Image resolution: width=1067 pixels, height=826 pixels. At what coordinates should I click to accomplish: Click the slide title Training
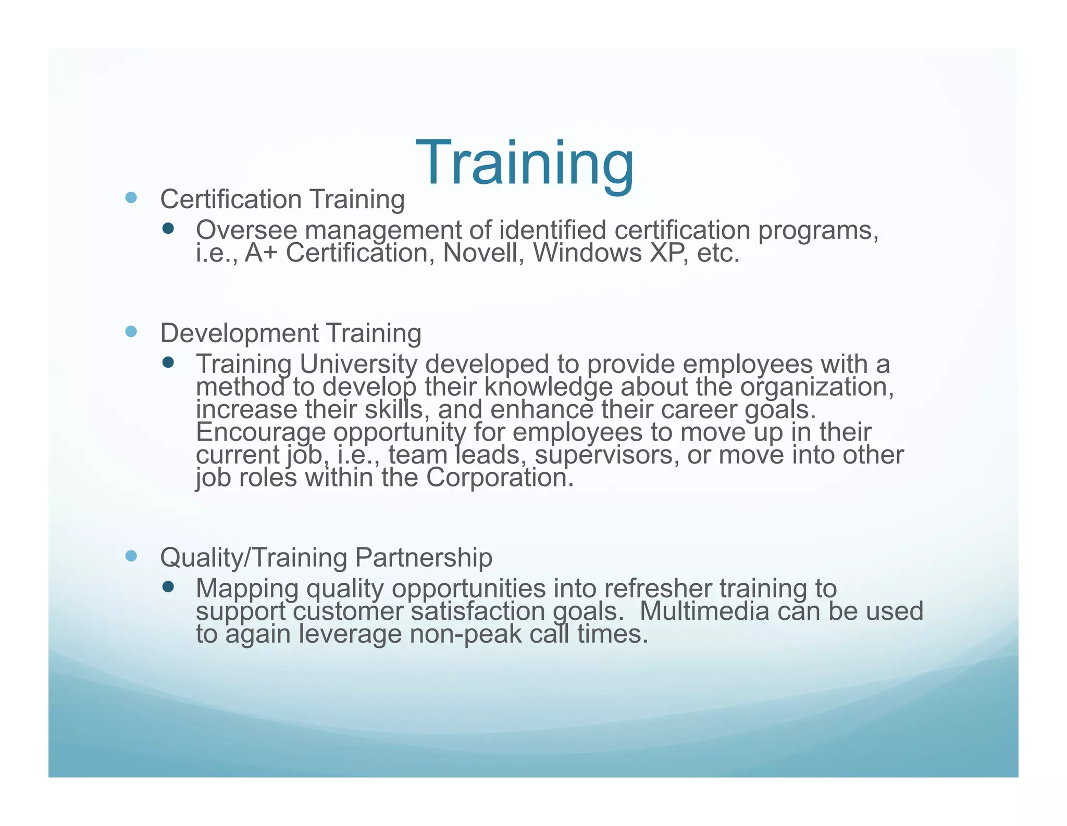coord(525,164)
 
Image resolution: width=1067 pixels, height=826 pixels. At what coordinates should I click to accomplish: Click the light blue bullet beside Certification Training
coord(131,198)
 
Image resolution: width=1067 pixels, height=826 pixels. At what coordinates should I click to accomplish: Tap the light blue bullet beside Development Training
coord(131,332)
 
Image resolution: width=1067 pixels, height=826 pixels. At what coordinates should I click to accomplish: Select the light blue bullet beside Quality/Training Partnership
coord(131,556)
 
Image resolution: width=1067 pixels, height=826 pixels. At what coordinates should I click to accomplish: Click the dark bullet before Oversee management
coord(168,228)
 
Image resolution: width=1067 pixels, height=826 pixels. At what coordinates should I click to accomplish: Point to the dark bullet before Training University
coord(168,362)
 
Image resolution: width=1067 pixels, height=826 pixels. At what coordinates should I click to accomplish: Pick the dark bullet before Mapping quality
coord(168,587)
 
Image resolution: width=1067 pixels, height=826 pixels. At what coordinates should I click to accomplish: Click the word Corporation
coord(500,478)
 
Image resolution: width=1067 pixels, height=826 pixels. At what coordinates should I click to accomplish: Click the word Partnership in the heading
coord(424,558)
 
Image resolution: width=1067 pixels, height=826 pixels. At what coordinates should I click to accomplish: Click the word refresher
coord(658,589)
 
